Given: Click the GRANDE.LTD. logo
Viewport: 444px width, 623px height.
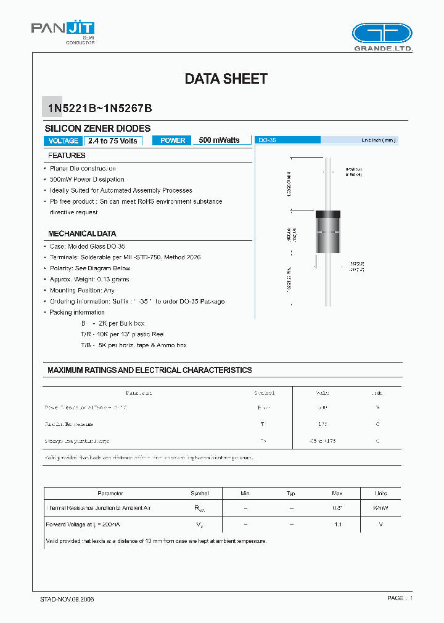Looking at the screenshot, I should point(382,37).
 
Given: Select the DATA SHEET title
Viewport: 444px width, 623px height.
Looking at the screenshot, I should point(226,79).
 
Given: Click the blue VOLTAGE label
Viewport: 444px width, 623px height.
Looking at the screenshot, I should point(63,140).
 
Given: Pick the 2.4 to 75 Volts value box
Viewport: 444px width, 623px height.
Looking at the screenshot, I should point(113,140).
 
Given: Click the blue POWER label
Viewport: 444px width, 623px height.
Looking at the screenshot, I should point(173,140).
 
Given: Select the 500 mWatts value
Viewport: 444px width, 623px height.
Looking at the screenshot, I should point(219,140).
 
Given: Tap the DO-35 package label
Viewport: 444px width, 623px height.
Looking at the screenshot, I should point(267,140).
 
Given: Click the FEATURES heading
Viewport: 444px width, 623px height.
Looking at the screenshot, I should point(67,156).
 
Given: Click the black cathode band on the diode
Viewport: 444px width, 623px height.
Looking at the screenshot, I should point(328,215).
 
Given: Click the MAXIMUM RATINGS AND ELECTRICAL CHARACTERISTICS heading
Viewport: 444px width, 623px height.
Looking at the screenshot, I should point(150,370).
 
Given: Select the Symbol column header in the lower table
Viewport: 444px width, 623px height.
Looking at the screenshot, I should point(200,493).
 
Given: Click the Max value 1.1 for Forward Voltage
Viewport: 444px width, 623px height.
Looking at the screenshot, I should point(337,524).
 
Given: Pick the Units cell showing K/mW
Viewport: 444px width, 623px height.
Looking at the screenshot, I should point(380,508).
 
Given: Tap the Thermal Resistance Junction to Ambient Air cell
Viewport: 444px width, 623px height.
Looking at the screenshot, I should point(99,508).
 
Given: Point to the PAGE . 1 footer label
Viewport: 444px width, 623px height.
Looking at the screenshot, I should point(400,598).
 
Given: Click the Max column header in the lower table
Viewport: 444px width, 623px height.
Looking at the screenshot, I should point(337,493).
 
